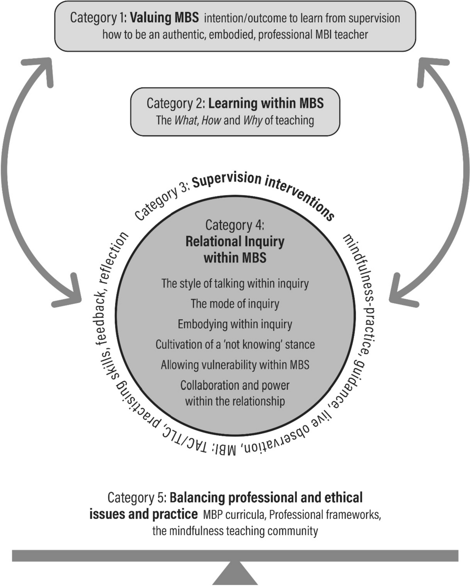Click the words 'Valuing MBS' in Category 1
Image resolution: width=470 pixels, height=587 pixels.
[164, 18]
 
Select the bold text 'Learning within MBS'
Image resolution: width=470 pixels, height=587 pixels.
[266, 103]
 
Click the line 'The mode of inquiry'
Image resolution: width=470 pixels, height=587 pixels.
[235, 304]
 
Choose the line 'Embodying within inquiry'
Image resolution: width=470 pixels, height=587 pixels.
[235, 324]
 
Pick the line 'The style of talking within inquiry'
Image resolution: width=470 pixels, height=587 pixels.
[235, 283]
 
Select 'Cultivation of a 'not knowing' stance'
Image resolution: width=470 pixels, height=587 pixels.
[235, 344]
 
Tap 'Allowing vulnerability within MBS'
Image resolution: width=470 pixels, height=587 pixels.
[235, 365]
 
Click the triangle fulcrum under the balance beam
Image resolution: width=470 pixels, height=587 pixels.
[235, 575]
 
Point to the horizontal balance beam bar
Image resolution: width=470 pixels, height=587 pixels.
[235, 555]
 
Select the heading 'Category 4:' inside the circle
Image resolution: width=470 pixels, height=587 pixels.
[235, 225]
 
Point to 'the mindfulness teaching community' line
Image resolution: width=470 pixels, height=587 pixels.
[235, 531]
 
